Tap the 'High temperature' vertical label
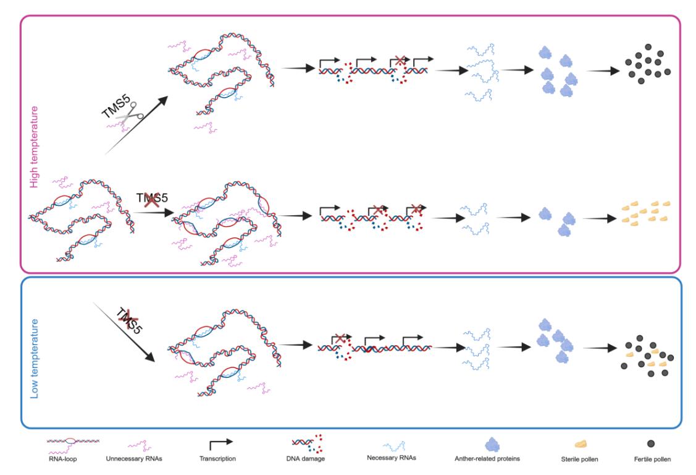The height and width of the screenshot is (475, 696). (34, 147)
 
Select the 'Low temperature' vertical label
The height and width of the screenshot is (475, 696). (34, 359)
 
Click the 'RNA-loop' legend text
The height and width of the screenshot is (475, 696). (62, 458)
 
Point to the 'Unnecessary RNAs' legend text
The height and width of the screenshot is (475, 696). (134, 458)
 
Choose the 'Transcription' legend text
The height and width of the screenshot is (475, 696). (217, 458)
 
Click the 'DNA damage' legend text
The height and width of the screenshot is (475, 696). (305, 458)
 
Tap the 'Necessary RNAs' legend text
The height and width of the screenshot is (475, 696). (392, 458)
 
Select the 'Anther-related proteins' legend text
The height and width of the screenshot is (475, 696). (487, 458)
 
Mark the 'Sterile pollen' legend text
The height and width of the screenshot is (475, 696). (579, 459)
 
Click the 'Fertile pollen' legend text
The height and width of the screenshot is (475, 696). (652, 459)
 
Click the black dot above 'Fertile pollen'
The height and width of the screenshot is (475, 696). (651, 443)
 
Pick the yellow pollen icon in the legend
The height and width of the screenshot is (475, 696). (581, 443)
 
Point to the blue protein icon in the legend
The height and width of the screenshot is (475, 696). (492, 444)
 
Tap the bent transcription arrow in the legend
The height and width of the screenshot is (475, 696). (220, 443)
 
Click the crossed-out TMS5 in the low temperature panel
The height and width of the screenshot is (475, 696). (129, 320)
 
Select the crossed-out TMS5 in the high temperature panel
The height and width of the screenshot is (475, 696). (152, 198)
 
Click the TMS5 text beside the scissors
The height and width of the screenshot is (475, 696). (116, 106)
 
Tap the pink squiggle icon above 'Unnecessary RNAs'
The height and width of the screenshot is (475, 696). (140, 445)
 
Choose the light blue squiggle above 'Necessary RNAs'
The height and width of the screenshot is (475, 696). (394, 446)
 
